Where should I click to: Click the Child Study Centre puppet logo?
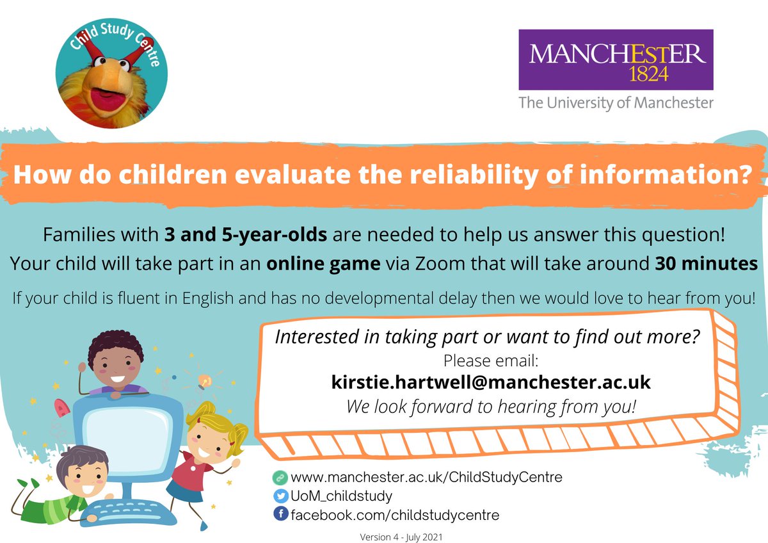(x=111, y=73)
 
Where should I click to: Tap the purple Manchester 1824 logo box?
(x=616, y=60)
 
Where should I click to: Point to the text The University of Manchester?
(x=615, y=102)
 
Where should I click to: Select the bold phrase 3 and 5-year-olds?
(x=246, y=236)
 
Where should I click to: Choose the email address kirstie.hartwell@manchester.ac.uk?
(x=491, y=382)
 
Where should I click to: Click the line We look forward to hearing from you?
(x=491, y=406)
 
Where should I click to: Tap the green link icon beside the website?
(x=280, y=477)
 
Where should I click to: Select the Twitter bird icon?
(x=280, y=496)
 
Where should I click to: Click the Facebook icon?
(x=280, y=514)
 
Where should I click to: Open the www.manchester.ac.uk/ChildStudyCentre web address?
(x=426, y=477)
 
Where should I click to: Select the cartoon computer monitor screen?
(x=131, y=436)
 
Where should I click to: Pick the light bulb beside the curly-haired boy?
(x=204, y=382)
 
